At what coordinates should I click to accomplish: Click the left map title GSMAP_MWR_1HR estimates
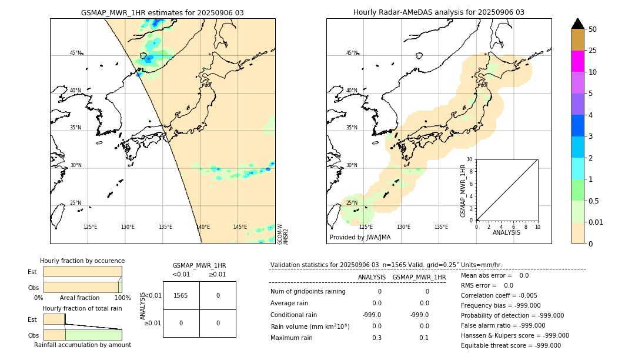[x=162, y=12]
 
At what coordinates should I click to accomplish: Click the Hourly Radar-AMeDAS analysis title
[x=439, y=12]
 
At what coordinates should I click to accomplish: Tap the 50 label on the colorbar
[x=593, y=29]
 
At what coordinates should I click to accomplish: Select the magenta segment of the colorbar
[x=577, y=61]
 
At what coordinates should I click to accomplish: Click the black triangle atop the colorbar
[x=577, y=24]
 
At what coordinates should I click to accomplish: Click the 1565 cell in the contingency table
[x=181, y=295]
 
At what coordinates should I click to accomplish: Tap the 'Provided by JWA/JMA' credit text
[x=360, y=238]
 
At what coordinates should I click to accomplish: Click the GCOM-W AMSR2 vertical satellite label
[x=283, y=234]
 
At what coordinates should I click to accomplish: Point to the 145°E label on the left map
[x=240, y=227]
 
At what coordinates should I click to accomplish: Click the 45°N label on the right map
[x=352, y=53]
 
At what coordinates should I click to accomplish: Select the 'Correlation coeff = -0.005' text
[x=499, y=295]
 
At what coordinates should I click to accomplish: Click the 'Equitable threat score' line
[x=510, y=345]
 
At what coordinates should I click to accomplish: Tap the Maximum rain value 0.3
[x=377, y=338]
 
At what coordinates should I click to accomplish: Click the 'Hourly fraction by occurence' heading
[x=82, y=261]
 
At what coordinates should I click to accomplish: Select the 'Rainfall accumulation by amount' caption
[x=82, y=345]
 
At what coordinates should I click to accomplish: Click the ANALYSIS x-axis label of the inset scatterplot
[x=506, y=233]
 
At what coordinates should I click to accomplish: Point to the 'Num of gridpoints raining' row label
[x=308, y=291]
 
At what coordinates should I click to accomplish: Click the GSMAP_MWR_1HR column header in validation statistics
[x=419, y=277]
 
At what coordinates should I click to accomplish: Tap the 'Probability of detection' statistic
[x=512, y=315]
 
